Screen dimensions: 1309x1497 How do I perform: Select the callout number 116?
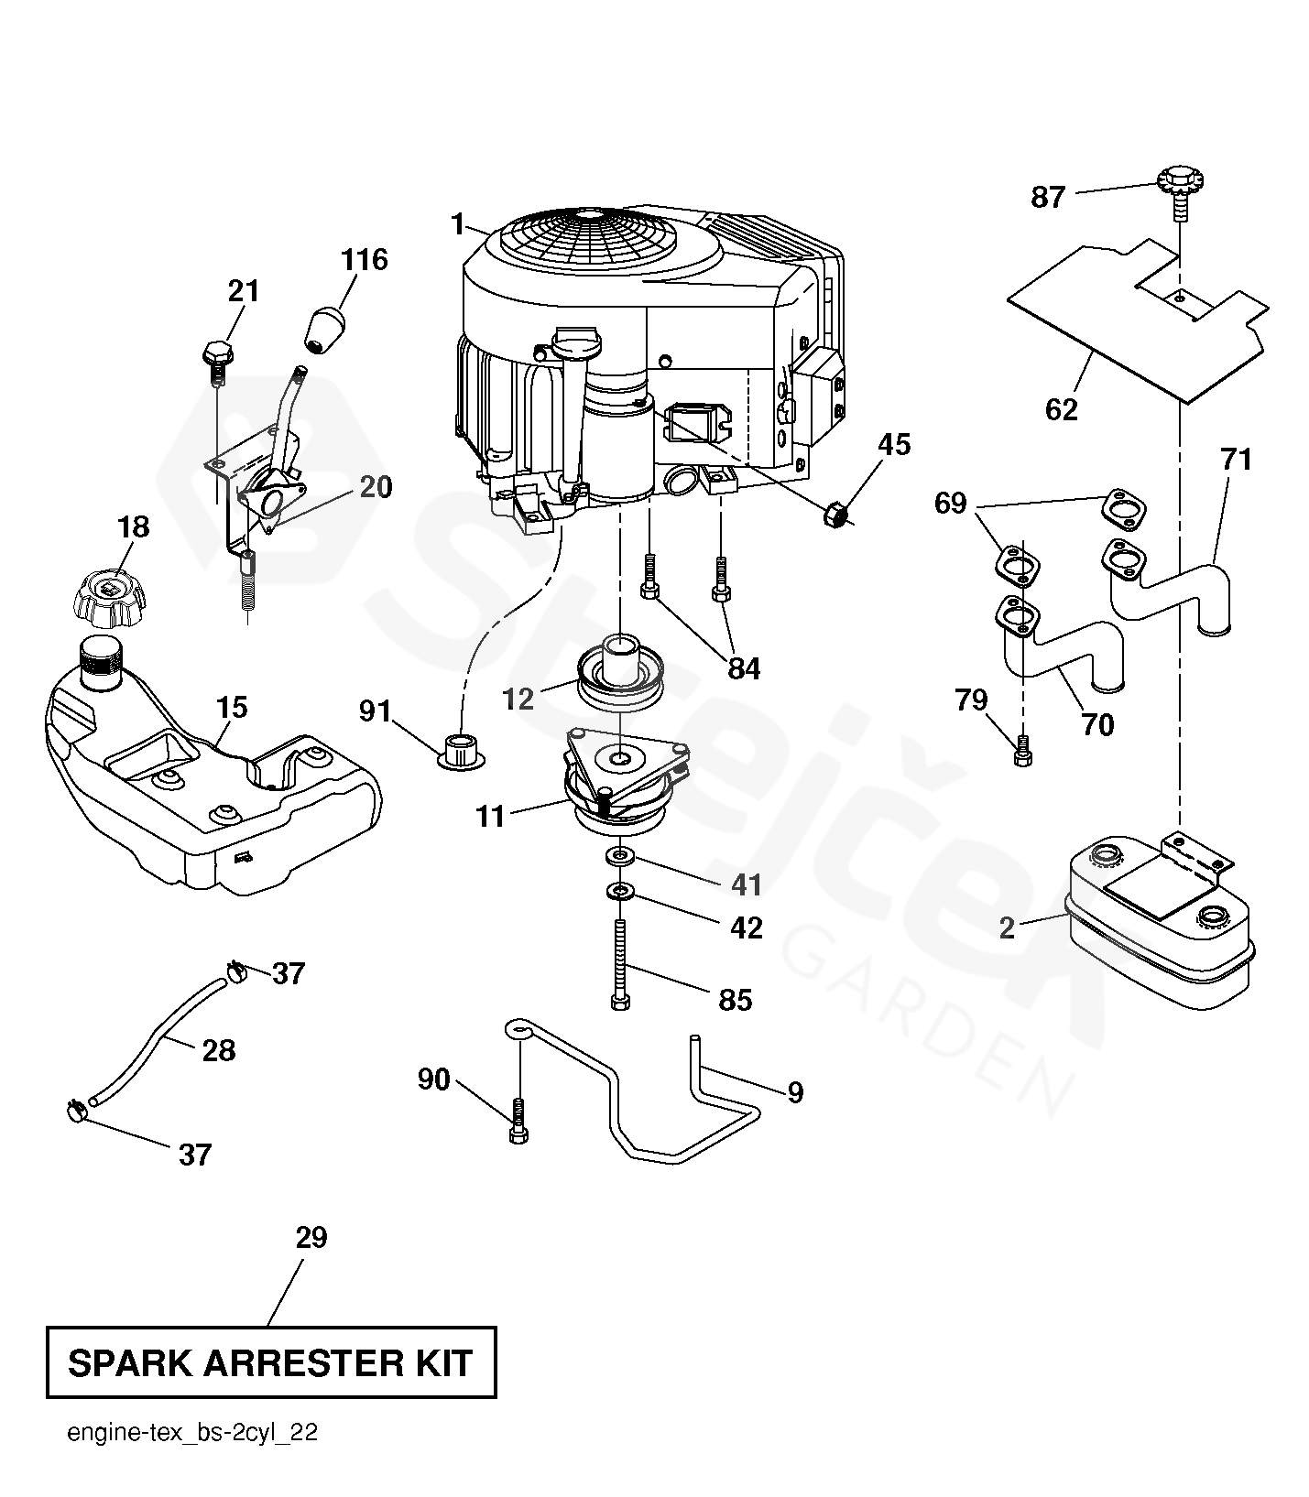[x=365, y=260]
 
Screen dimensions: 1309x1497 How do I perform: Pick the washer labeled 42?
[x=621, y=890]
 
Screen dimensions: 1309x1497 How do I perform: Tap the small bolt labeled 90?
[x=518, y=1119]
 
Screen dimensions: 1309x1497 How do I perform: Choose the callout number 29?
[x=311, y=1238]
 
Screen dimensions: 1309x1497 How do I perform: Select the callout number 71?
[x=1236, y=459]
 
